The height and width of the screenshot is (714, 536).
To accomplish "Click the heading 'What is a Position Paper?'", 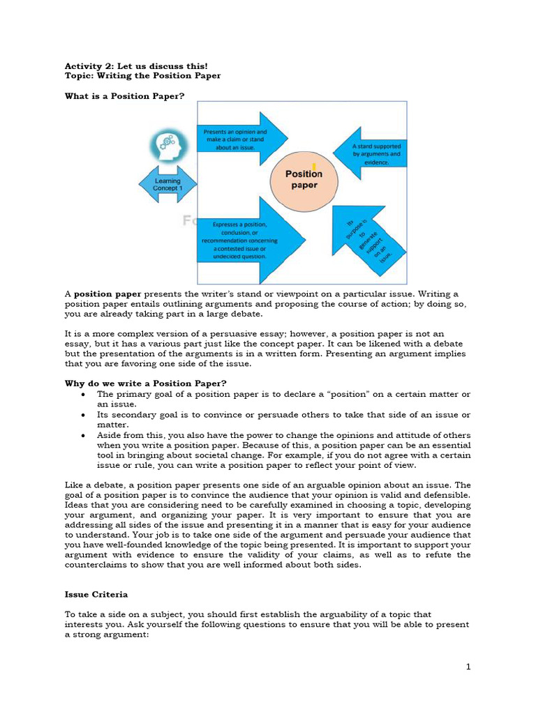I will click(x=125, y=96).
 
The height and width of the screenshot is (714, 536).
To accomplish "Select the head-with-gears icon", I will click(x=167, y=145).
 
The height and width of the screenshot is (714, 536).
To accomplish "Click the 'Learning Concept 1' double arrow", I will click(x=167, y=185).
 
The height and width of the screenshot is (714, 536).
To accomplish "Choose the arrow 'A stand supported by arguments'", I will click(x=369, y=154).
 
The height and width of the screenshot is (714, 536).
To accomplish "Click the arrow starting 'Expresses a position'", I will click(x=248, y=241).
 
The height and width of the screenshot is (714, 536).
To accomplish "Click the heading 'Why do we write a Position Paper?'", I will click(x=146, y=383).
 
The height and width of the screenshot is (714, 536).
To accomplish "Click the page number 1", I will click(x=469, y=667).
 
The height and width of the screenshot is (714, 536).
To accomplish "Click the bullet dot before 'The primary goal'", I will click(x=83, y=394).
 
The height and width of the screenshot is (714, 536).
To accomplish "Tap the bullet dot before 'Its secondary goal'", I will click(x=83, y=414).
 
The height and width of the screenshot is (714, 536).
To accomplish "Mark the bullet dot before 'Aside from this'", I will click(x=83, y=434).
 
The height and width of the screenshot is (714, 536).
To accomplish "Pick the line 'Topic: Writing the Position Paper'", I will click(x=142, y=75).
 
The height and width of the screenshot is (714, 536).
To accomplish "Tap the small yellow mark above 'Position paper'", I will click(x=315, y=165).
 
